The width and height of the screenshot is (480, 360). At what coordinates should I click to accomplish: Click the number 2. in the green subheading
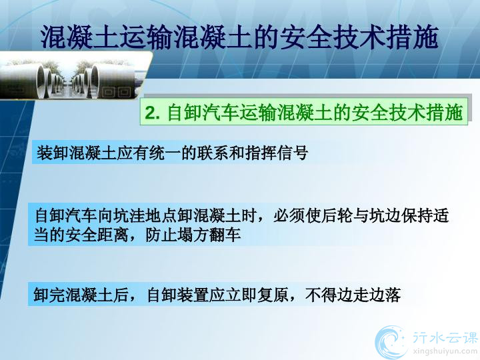pyautogui.click(x=152, y=113)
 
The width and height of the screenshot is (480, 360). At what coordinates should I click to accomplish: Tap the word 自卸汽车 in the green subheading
pyautogui.click(x=203, y=113)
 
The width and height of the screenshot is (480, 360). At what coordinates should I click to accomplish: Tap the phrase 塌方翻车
pyautogui.click(x=209, y=235)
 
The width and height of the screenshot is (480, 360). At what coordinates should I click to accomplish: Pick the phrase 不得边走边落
pyautogui.click(x=353, y=295)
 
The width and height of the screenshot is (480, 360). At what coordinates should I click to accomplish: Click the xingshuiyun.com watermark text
pyautogui.click(x=445, y=351)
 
